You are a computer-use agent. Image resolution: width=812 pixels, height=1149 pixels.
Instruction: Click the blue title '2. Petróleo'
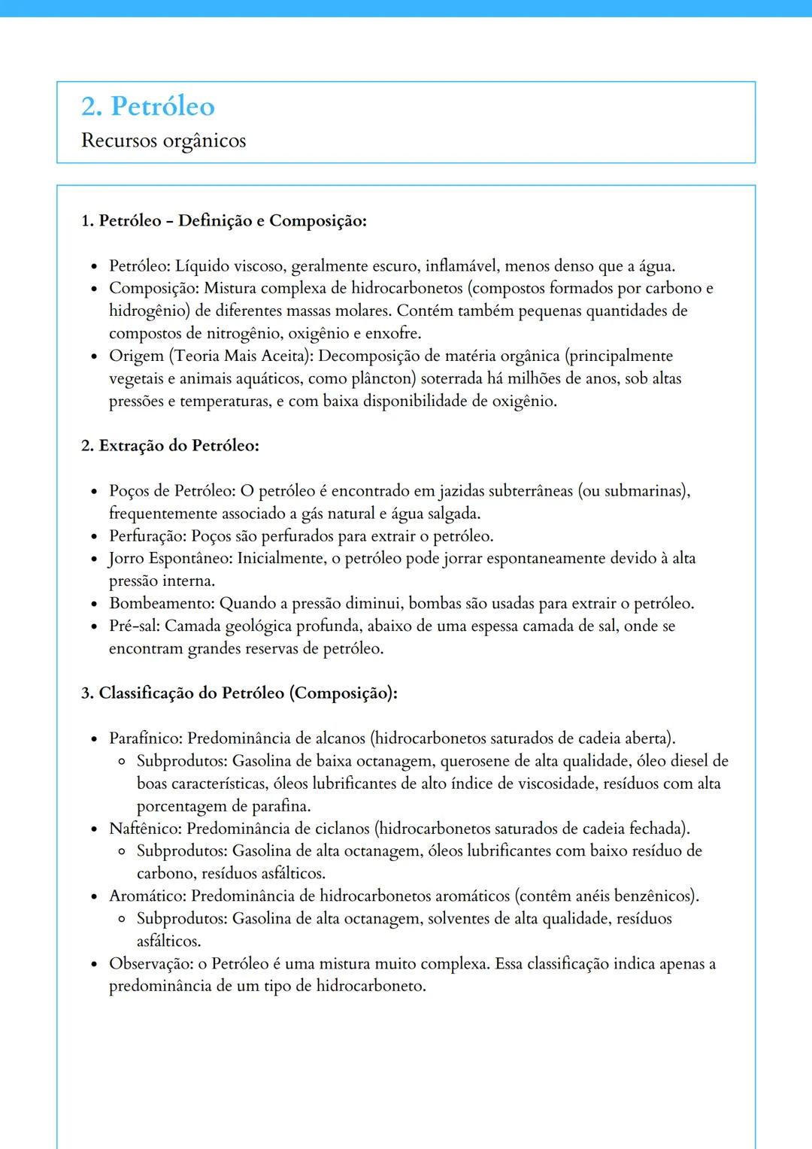tap(148, 106)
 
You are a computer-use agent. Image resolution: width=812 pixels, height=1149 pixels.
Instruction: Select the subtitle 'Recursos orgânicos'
tap(163, 141)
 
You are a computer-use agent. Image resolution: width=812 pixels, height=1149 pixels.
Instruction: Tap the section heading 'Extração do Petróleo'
tap(179, 445)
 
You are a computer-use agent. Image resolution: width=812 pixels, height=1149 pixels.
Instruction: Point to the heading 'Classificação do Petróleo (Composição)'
tap(248, 693)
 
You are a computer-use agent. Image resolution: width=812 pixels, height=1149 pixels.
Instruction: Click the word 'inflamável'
tap(461, 265)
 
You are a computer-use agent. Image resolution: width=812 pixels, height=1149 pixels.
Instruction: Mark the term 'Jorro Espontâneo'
tap(170, 558)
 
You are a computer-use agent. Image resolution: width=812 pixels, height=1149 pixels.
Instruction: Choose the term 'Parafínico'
tap(145, 738)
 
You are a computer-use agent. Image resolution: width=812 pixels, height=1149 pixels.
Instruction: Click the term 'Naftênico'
tap(144, 828)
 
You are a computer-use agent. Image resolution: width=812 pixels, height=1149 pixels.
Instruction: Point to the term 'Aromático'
tap(147, 896)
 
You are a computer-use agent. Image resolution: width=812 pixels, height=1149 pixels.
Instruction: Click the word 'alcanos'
tap(340, 738)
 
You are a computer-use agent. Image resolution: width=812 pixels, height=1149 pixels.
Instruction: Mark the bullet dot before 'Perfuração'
tap(94, 537)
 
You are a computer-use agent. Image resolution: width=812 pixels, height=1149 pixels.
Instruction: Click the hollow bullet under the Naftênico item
tap(122, 851)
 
